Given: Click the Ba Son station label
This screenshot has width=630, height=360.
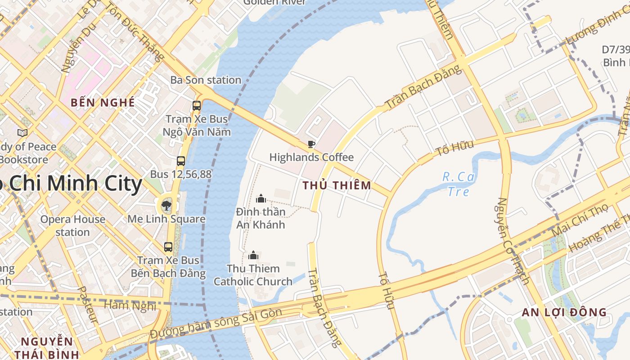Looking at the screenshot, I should pyautogui.click(x=206, y=80).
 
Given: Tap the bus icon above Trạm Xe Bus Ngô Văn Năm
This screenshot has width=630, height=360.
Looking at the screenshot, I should pyautogui.click(x=197, y=106).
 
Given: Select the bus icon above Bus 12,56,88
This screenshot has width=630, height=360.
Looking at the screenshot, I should pyautogui.click(x=181, y=161).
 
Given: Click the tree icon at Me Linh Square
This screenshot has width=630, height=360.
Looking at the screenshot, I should pyautogui.click(x=166, y=206).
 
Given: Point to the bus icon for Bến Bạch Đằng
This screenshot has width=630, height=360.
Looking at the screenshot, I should pyautogui.click(x=168, y=247).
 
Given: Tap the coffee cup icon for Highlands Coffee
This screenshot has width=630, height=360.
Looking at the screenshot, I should pyautogui.click(x=311, y=144).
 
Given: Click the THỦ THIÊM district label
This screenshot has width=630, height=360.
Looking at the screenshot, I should pyautogui.click(x=337, y=185).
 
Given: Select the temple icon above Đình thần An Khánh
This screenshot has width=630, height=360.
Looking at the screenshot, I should pyautogui.click(x=261, y=198).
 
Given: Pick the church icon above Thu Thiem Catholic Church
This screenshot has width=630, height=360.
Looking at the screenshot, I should pyautogui.click(x=253, y=255).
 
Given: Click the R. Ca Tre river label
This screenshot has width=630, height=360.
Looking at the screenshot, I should pyautogui.click(x=459, y=184).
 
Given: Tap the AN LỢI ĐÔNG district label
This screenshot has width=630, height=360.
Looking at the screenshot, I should pyautogui.click(x=564, y=312).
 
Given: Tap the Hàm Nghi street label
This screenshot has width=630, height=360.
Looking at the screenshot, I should pyautogui.click(x=130, y=306).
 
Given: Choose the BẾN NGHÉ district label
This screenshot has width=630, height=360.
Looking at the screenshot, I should pyautogui.click(x=103, y=103).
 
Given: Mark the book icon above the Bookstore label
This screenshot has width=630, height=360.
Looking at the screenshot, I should pyautogui.click(x=22, y=133).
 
